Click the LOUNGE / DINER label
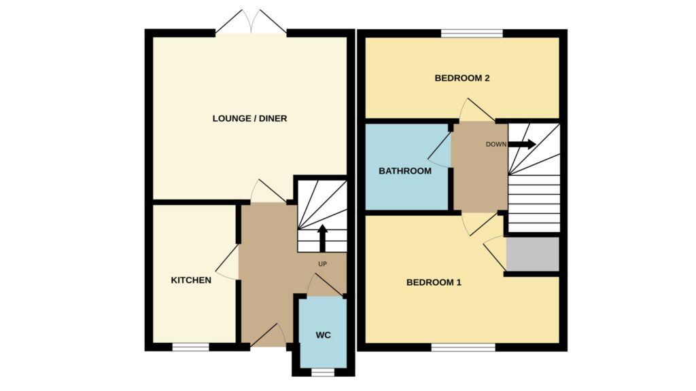[249, 118]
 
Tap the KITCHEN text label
[191, 280]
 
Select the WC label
[323, 335]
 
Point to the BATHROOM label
[405, 170]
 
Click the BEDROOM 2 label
[462, 78]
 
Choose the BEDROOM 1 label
[434, 282]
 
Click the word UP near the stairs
[322, 264]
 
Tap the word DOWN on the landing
[495, 144]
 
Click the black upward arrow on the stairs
[322, 238]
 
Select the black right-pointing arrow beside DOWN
[521, 144]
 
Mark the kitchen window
[190, 347]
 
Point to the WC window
[323, 373]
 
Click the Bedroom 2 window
[472, 33]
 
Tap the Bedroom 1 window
[464, 347]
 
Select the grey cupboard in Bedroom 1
[533, 254]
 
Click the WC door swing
[326, 284]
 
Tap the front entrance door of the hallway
[268, 335]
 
